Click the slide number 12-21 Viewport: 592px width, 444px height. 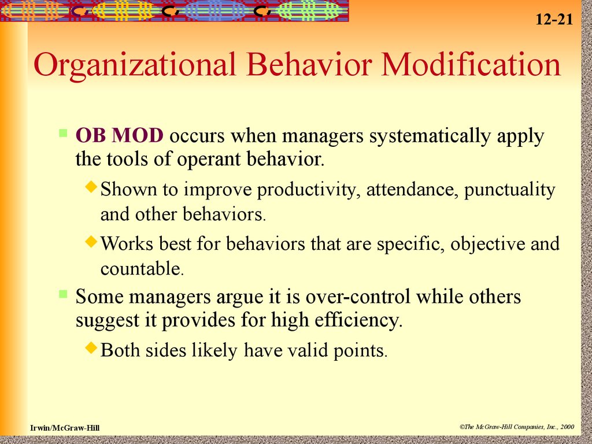point(554,19)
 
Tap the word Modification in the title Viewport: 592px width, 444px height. point(471,64)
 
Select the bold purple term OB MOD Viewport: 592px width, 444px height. point(119,135)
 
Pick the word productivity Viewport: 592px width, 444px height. point(306,190)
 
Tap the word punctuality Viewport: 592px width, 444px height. point(510,190)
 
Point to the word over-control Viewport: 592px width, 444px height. point(357,297)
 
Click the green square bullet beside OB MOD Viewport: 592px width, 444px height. point(63,133)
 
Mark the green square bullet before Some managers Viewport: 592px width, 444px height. point(63,294)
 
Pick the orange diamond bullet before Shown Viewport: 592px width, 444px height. point(91,187)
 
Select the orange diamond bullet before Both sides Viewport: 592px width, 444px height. point(91,347)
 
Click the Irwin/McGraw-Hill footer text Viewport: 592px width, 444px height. point(65,428)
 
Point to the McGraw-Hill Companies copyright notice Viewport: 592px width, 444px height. point(517,427)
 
